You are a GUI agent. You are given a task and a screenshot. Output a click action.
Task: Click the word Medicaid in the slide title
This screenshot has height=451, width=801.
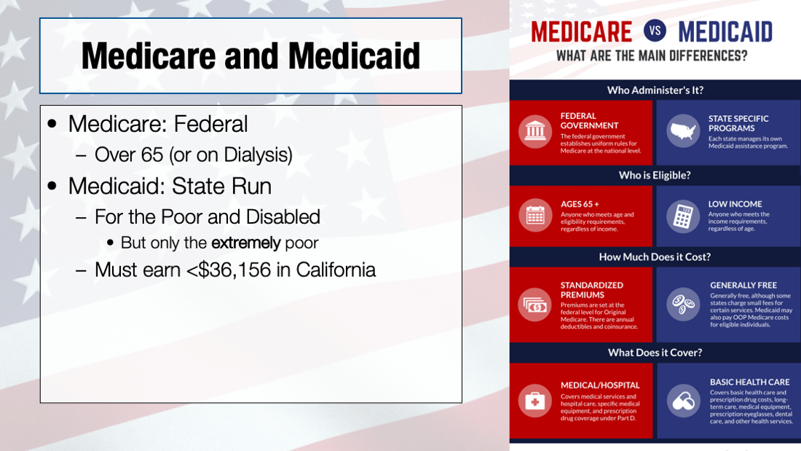[354, 55]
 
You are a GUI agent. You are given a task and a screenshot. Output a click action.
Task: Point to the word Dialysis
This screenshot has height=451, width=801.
[258, 155]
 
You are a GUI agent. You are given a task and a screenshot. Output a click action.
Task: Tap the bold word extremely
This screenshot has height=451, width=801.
[245, 243]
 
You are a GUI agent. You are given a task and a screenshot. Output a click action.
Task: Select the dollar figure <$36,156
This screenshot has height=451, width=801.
[229, 270]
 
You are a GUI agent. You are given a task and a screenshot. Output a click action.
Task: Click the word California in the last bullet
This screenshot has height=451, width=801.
[336, 270]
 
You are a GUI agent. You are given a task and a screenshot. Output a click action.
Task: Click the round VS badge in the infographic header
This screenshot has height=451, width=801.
[655, 31]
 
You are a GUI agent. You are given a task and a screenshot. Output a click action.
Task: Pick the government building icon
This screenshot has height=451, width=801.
[535, 131]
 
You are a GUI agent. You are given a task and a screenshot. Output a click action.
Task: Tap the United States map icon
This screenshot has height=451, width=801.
[683, 131]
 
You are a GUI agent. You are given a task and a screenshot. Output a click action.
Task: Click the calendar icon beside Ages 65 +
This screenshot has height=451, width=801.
[535, 215]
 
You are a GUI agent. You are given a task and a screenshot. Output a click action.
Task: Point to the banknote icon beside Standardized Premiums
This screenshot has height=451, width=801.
[535, 305]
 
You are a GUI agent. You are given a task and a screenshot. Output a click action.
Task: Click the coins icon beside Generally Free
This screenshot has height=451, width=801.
[683, 305]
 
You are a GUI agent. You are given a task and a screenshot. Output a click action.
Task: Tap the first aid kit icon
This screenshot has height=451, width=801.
[535, 401]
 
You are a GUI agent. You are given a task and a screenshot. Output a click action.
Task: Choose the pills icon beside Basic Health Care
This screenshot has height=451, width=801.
[683, 401]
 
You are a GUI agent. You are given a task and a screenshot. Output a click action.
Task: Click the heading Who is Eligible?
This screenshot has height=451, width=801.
[655, 176]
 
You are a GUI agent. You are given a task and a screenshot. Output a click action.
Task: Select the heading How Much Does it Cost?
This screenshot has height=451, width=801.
[655, 256]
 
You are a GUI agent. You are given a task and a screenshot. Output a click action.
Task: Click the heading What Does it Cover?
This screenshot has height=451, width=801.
[655, 353]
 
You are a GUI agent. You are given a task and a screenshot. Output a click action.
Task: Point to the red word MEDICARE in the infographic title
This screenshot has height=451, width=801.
[581, 32]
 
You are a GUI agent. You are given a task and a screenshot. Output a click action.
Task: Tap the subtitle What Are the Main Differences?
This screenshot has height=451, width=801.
[651, 55]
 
